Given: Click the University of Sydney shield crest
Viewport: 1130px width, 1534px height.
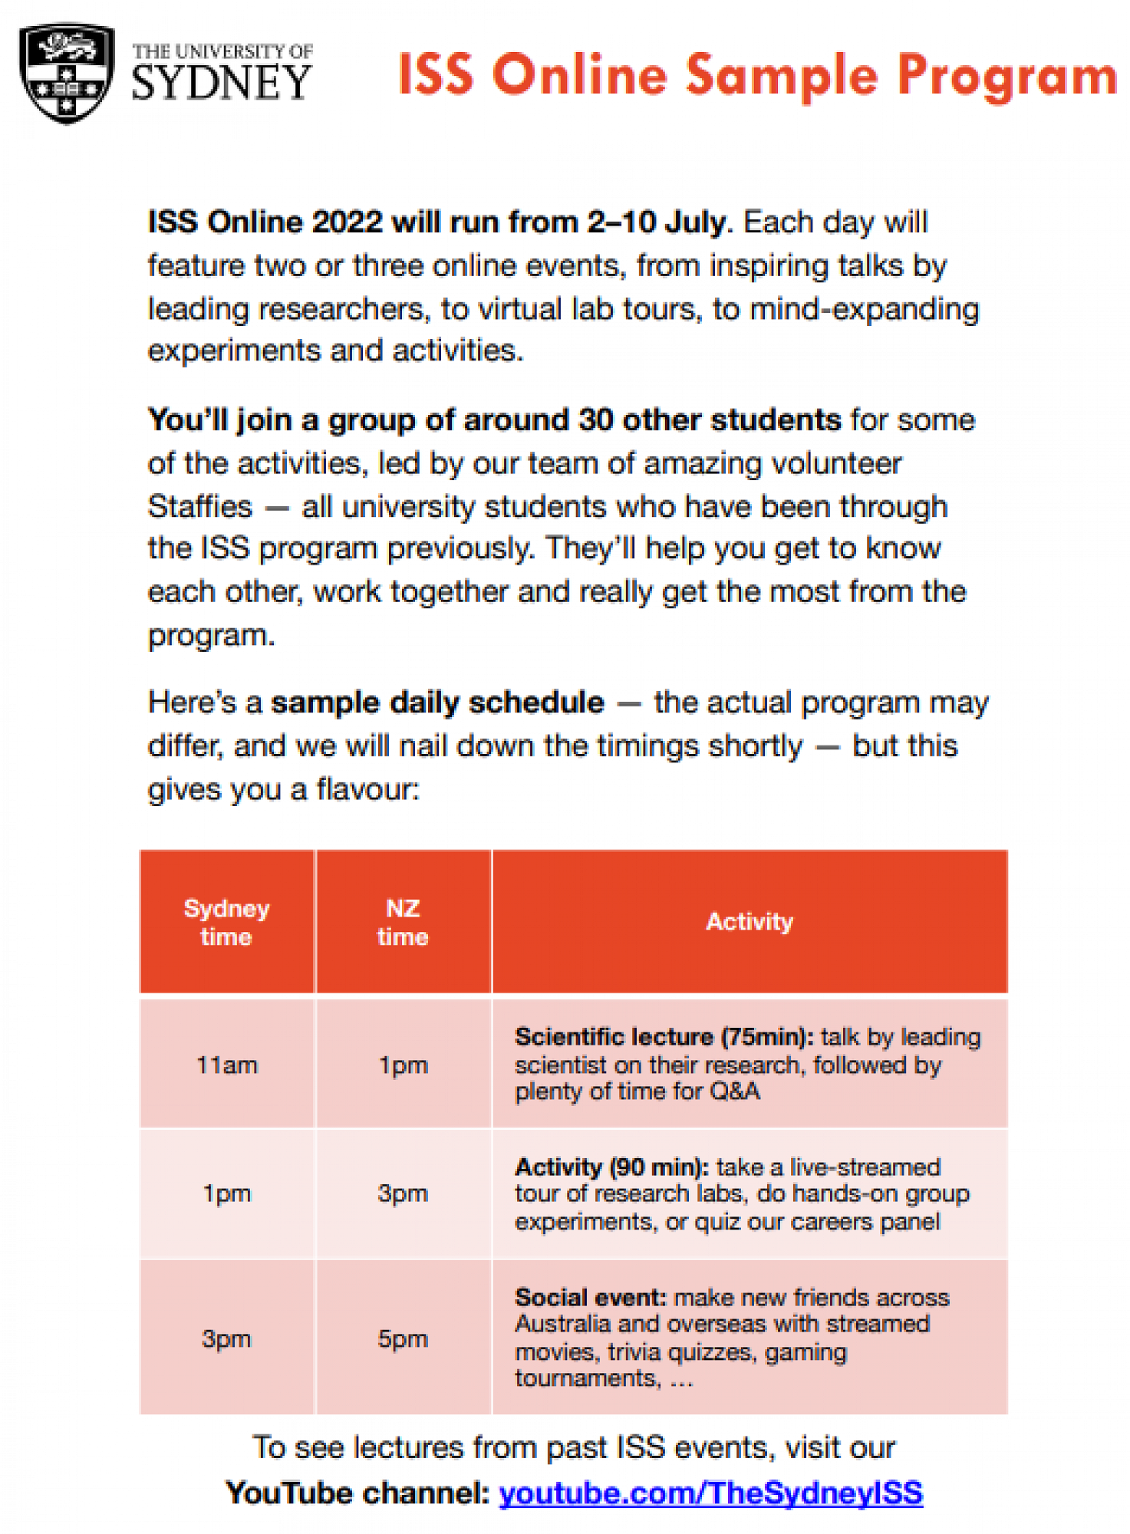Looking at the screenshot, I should click(x=67, y=73).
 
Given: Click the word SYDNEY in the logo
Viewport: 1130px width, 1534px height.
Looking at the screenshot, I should click(x=221, y=83).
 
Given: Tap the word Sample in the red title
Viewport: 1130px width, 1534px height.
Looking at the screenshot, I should click(x=782, y=76).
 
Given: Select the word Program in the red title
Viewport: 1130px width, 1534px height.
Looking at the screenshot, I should click(x=1006, y=76).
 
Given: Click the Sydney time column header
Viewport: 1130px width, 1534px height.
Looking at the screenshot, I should click(x=226, y=922).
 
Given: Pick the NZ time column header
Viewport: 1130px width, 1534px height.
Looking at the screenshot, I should click(x=403, y=922).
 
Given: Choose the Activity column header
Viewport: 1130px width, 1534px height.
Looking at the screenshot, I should click(x=749, y=921).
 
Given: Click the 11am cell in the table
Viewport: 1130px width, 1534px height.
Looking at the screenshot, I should click(x=226, y=1065).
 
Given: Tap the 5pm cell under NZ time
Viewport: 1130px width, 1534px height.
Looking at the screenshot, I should click(x=403, y=1338).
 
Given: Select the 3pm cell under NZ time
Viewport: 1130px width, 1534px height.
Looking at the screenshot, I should click(x=403, y=1193).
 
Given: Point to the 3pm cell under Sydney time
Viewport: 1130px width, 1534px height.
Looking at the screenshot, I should click(x=226, y=1338).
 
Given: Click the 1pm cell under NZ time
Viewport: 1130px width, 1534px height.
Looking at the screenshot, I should click(x=403, y=1065).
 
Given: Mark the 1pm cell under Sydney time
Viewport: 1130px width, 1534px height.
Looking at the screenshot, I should click(x=226, y=1193).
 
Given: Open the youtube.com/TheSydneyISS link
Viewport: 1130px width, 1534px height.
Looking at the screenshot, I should click(x=710, y=1493).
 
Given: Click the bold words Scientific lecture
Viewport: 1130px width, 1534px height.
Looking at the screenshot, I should click(x=614, y=1037).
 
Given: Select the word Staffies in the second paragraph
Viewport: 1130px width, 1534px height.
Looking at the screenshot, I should click(x=199, y=507).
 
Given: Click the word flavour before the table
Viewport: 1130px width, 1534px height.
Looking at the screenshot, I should click(x=367, y=789).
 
